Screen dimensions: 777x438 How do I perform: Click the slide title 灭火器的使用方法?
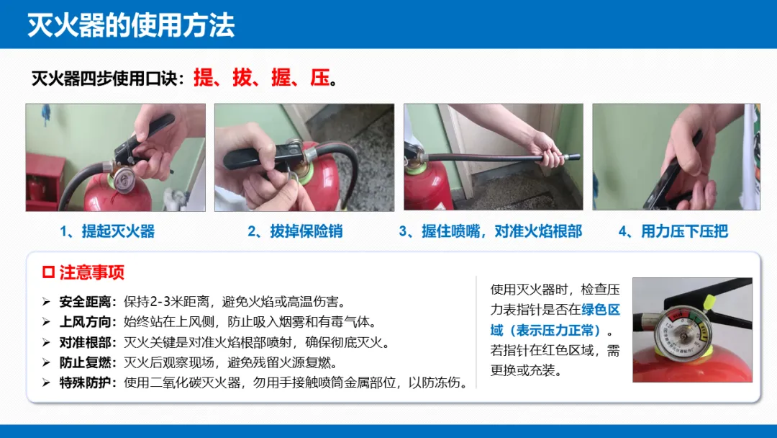point(131,25)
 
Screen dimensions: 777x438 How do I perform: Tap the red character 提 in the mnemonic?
point(203,78)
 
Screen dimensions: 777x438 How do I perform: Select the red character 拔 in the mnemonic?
point(242,78)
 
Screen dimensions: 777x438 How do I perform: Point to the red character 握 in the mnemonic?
point(281,78)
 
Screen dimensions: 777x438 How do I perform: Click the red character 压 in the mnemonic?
point(320,78)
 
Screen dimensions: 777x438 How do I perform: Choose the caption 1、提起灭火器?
point(107,231)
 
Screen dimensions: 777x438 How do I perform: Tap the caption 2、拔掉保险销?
point(296,231)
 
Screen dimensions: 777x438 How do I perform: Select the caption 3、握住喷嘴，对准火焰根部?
point(491,231)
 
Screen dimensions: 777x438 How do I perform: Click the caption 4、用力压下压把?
point(673,231)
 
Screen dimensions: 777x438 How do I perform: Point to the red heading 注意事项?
point(92,272)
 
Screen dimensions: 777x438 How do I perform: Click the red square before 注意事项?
point(49,272)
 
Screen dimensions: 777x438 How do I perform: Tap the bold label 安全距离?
point(85,302)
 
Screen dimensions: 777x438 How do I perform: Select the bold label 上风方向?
point(85,322)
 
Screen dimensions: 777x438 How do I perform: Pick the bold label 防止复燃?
point(85,362)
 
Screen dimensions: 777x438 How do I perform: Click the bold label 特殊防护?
point(85,383)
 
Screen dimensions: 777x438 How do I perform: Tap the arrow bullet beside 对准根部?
point(46,343)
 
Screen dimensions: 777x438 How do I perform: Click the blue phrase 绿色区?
point(601,310)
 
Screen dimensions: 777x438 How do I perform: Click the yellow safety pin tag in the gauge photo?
point(709,302)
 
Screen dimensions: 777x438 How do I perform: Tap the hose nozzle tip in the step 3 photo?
point(573,157)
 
